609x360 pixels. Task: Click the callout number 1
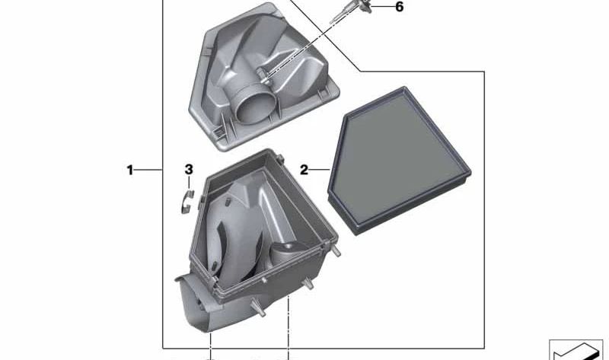click(129, 170)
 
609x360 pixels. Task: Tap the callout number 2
click(304, 170)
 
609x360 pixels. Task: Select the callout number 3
click(189, 169)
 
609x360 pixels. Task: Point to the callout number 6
click(399, 7)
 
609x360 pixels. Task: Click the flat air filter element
click(399, 161)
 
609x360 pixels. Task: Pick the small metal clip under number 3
click(187, 202)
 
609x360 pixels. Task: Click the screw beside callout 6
click(350, 11)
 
